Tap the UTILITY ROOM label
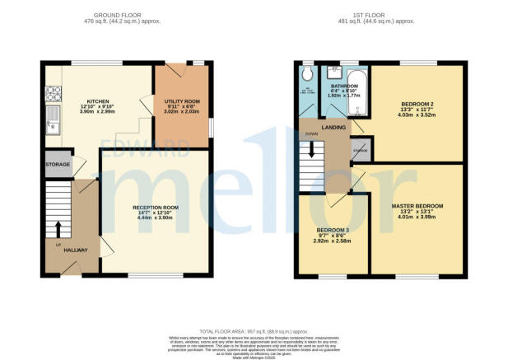coord(179,103)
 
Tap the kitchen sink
coord(55,124)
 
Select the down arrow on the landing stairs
coord(312,149)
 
